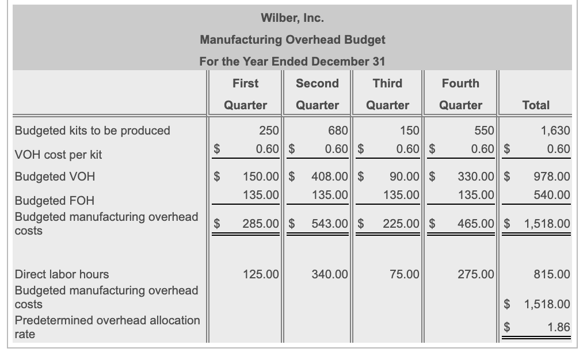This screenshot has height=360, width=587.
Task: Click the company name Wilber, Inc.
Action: point(292,18)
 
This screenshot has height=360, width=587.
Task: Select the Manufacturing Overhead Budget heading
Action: point(292,40)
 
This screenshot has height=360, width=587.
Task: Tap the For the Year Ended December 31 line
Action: point(292,61)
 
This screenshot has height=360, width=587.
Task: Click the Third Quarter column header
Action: point(387,94)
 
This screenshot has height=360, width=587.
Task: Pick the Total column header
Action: point(536,105)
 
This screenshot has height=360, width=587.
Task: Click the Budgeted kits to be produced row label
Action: point(92,131)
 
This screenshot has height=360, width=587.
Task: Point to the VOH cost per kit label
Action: point(58,155)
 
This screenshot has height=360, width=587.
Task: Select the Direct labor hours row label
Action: point(62,274)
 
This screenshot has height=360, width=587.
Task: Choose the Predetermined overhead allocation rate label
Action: point(107,327)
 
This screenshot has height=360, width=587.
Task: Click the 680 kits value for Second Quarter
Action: point(338,131)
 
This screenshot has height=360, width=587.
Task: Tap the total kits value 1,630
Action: point(555,131)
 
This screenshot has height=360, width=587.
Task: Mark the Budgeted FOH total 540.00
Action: point(551,195)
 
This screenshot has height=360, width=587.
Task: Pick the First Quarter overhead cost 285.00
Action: point(261,223)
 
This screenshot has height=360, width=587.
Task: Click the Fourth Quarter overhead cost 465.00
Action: point(476,223)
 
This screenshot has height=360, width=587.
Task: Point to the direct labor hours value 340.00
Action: point(330,274)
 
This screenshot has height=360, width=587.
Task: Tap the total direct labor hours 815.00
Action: point(551,274)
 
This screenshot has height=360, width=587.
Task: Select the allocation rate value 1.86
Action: point(558,327)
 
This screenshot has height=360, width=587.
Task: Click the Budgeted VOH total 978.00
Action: point(551,177)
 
